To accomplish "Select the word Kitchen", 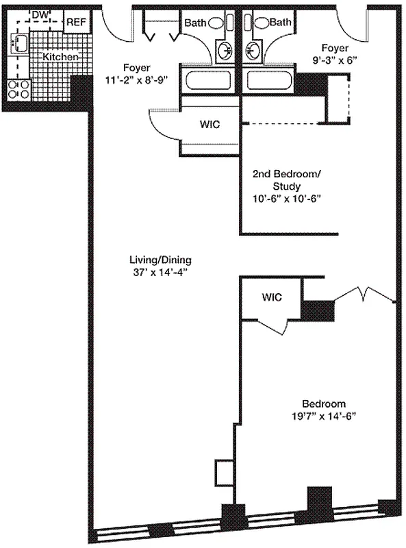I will [x=61, y=57].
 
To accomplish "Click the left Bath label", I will [x=195, y=23].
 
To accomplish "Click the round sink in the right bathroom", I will [x=253, y=50].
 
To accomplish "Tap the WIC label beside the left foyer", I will [x=210, y=125].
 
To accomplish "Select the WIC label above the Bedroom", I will [x=272, y=298].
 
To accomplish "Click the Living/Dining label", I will [x=160, y=260].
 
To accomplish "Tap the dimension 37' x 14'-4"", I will [x=160, y=272].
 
